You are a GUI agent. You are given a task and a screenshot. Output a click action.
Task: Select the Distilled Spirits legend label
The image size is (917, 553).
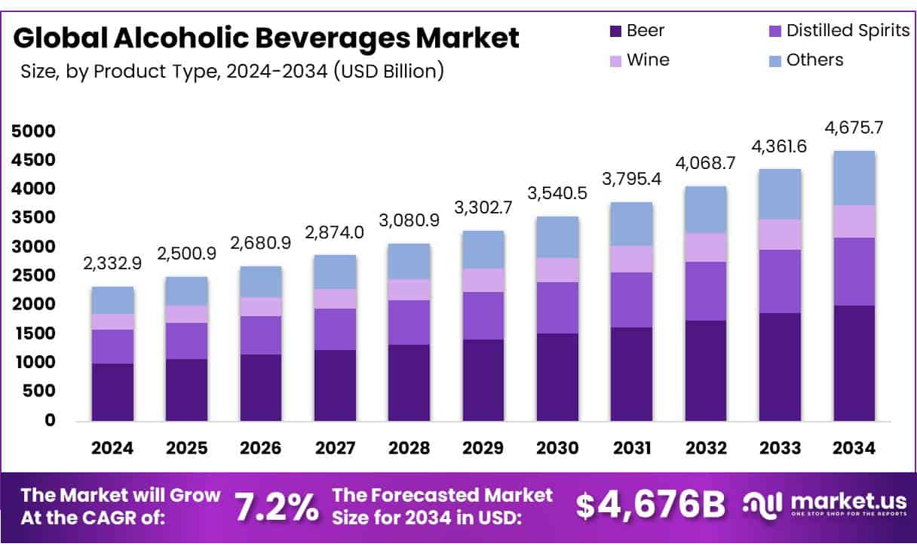coord(848,31)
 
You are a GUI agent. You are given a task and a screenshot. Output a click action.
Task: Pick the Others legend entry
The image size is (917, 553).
coord(814,60)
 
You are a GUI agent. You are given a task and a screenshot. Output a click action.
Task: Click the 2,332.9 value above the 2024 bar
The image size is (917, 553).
coord(112,264)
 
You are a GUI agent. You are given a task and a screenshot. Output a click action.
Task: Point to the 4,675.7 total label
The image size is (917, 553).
coord(854,129)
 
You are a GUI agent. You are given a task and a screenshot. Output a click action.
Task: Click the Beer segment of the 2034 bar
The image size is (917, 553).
coord(854,363)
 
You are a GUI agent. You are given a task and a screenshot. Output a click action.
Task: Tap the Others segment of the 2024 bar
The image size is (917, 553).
coord(112,300)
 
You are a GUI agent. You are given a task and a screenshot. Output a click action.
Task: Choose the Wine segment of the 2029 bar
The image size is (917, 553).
coord(483,280)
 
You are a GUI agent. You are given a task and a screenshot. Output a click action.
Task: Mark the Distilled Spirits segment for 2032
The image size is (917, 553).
coord(706,291)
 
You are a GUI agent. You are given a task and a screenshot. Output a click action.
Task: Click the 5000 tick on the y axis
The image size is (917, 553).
coord(33,131)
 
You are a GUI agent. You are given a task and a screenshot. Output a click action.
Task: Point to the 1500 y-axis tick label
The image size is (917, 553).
coord(33,333)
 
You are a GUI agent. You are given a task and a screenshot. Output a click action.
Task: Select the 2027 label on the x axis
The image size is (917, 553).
coord(335,448)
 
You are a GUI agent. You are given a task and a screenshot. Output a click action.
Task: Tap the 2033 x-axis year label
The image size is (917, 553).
coord(781,448)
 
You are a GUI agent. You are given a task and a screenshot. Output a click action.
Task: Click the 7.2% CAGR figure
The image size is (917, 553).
coord(276,507)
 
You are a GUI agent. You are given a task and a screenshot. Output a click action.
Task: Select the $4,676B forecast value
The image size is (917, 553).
coord(650,506)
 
